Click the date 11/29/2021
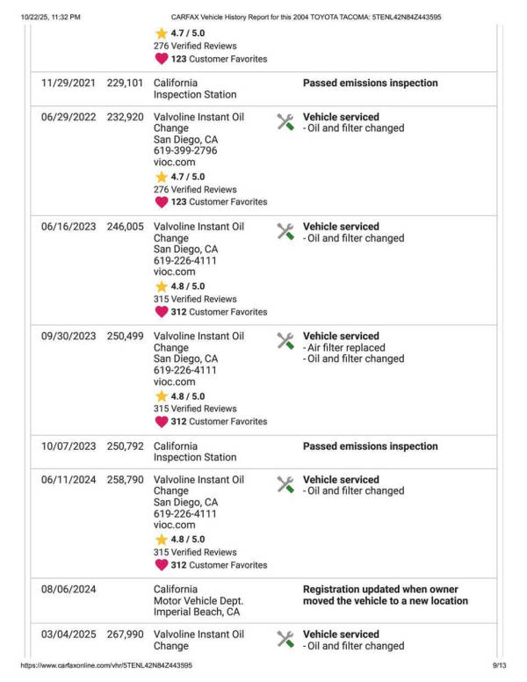click(x=69, y=83)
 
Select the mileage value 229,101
click(x=125, y=83)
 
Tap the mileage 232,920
click(x=125, y=117)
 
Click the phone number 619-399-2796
click(x=185, y=151)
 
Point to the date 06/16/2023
click(x=69, y=227)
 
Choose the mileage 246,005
click(x=125, y=227)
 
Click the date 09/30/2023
click(x=69, y=337)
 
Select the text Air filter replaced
click(x=345, y=348)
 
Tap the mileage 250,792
click(x=125, y=446)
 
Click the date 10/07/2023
click(x=69, y=446)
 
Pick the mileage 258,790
click(x=125, y=480)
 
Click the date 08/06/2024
click(x=69, y=590)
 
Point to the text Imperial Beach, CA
click(x=197, y=613)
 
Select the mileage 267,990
click(x=125, y=635)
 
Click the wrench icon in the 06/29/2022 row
click(x=285, y=122)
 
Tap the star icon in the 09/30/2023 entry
click(x=161, y=396)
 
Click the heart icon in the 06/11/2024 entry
click(x=161, y=565)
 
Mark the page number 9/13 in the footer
click(x=500, y=666)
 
